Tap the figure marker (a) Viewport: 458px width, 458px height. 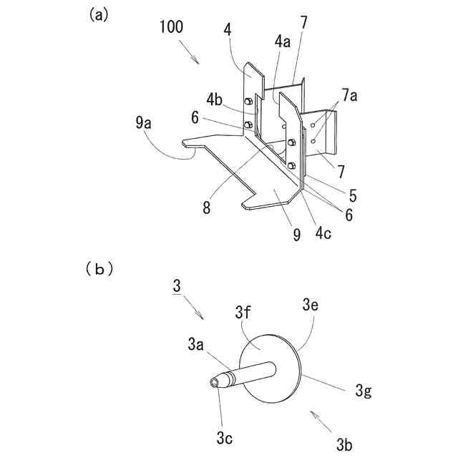point(99,14)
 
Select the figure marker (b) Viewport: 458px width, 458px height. point(99,270)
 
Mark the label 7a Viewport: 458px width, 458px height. point(350,95)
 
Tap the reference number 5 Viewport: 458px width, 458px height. point(354,194)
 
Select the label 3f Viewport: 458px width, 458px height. point(243,312)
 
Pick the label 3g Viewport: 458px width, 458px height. point(364,391)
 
